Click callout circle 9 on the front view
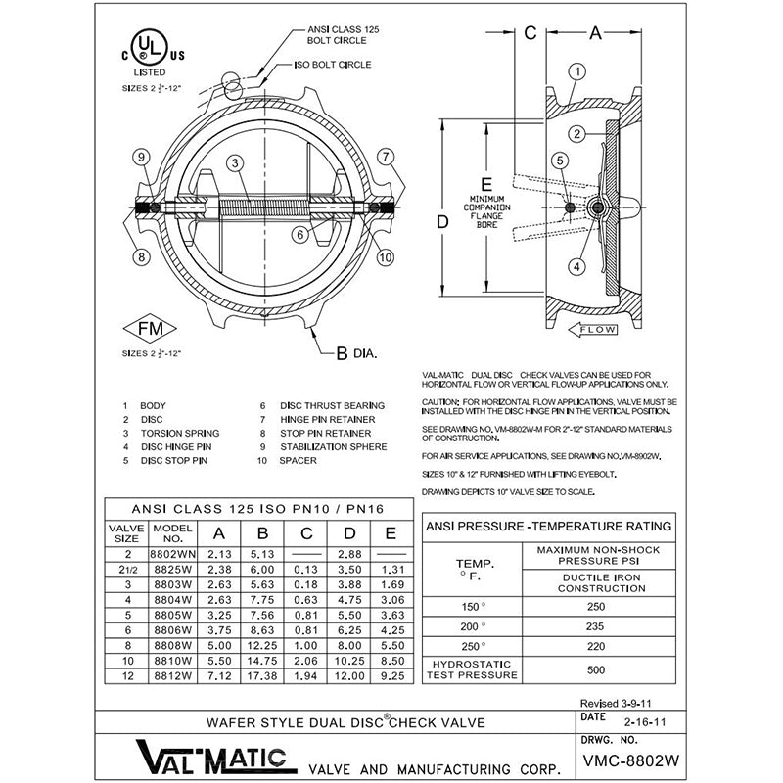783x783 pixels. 141,158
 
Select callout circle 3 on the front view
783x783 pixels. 236,163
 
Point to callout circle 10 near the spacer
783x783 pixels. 385,258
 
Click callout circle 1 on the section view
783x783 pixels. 578,70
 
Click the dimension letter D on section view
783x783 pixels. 442,222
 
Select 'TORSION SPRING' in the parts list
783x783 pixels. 180,433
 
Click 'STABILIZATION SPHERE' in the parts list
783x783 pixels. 333,446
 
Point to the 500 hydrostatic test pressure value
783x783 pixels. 594,670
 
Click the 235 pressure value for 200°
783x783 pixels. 594,626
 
